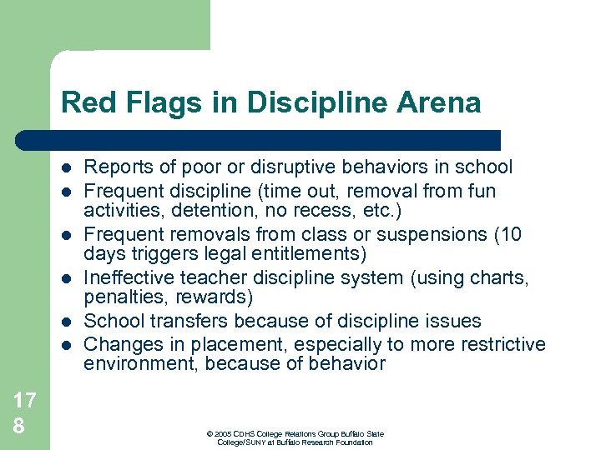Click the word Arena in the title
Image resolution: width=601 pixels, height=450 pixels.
(x=441, y=102)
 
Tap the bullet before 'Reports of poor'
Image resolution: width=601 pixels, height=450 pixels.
(x=66, y=167)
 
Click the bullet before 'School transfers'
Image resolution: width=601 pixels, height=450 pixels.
(x=66, y=321)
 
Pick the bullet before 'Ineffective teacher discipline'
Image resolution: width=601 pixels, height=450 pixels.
(x=66, y=277)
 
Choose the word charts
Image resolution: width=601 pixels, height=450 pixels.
(x=499, y=277)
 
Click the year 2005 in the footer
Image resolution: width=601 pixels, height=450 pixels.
(x=223, y=434)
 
